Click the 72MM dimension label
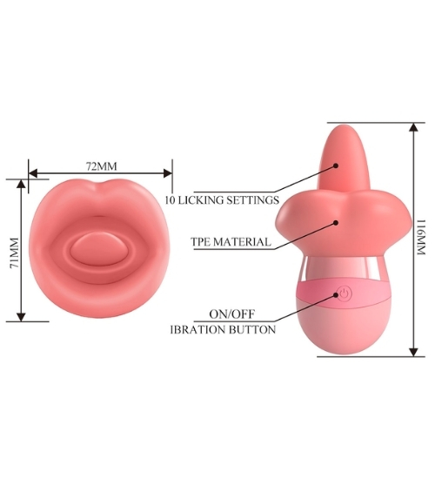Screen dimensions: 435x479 point(101,166)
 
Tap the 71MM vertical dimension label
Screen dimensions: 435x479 point(15,253)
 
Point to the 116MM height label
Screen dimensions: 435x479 point(421,237)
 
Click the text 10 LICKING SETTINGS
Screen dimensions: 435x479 point(222,200)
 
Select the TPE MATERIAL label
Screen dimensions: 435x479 point(231,241)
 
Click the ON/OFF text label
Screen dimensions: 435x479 point(231,314)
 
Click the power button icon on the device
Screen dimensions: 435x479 point(344,294)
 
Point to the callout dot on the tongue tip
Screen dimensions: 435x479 point(336,165)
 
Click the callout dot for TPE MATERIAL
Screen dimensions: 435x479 point(336,223)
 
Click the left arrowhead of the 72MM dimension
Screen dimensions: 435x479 point(33,173)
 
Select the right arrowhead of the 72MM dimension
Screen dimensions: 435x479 point(168,173)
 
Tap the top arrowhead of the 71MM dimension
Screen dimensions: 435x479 point(21,183)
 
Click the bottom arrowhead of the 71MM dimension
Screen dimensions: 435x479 point(21,317)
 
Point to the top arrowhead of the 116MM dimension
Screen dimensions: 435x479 point(413,127)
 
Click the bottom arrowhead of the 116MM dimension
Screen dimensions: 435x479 point(413,352)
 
